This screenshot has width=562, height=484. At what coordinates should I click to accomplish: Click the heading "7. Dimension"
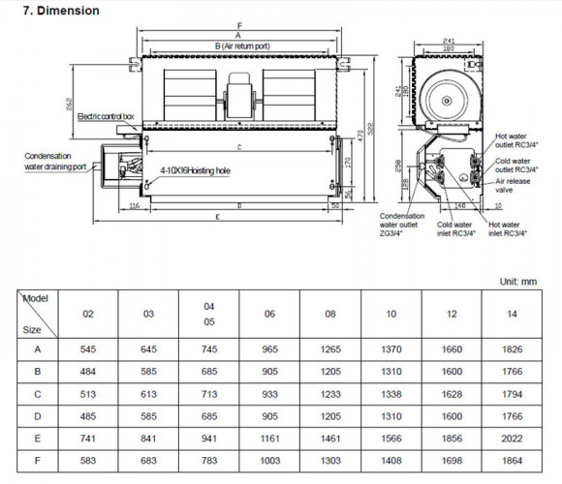[61, 11]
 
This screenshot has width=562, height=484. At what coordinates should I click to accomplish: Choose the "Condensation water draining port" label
[56, 160]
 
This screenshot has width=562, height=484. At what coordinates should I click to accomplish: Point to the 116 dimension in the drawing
[134, 206]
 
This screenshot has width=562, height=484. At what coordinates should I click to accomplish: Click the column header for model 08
[329, 315]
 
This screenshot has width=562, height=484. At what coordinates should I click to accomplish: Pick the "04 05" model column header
[208, 315]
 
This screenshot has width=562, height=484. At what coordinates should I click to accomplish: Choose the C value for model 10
[390, 394]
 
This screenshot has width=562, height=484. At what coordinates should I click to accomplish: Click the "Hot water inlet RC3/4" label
[509, 227]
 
